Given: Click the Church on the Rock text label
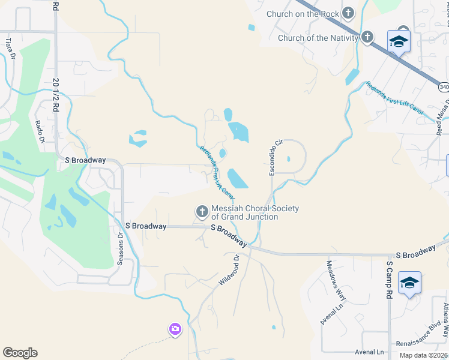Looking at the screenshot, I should [303, 14].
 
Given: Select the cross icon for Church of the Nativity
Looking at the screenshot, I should [367, 38].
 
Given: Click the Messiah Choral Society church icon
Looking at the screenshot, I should [202, 211].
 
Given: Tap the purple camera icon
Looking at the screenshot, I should [175, 329].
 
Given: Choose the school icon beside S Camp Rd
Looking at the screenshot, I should [409, 283].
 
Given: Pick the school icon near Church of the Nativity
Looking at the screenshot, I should [399, 41].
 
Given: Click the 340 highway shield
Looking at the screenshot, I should [444, 88].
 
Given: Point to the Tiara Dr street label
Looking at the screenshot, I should [10, 49].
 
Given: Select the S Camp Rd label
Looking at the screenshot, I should [389, 280].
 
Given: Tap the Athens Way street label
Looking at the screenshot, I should [445, 319].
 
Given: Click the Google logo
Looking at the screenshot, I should [20, 353].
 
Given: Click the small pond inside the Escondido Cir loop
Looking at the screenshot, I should [289, 159].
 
